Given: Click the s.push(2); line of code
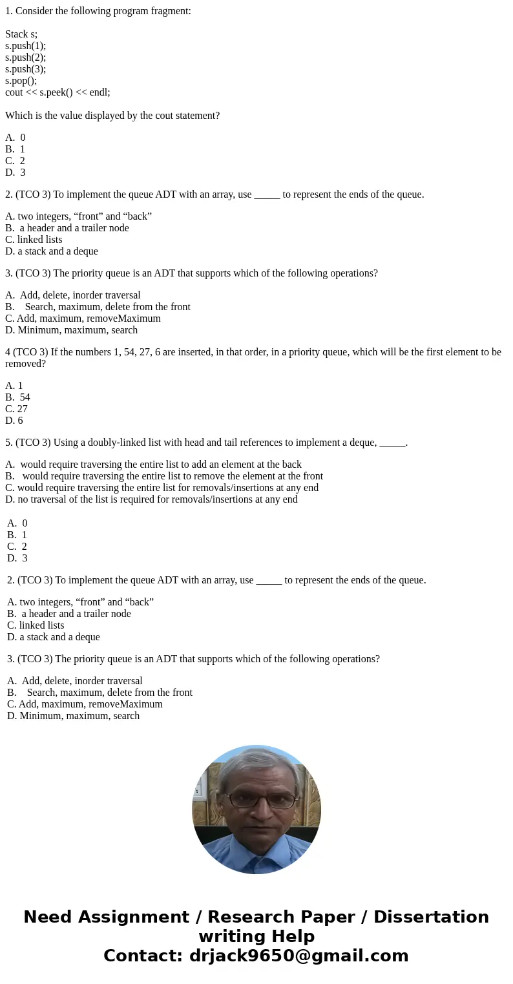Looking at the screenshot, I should [x=25, y=57].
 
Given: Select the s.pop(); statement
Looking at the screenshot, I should [x=21, y=80].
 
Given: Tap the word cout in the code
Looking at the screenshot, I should [x=14, y=92].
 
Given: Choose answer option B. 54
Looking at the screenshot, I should [x=18, y=397].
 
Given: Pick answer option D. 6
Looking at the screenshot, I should [x=14, y=420].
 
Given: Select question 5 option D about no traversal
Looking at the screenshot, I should [x=151, y=499].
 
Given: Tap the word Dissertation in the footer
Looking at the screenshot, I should [x=431, y=917].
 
